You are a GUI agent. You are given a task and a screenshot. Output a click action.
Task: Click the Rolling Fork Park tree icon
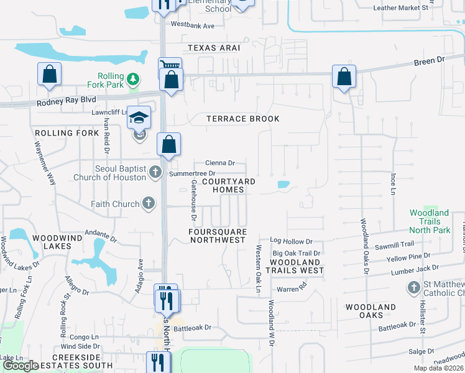132,79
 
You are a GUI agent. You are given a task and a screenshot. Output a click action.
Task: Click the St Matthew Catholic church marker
414,288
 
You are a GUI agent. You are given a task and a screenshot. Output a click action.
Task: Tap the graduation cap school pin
139,117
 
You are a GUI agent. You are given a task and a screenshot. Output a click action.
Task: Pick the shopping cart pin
169,65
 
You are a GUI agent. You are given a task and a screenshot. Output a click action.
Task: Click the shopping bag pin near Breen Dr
344,77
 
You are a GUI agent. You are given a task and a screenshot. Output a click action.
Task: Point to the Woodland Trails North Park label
430,221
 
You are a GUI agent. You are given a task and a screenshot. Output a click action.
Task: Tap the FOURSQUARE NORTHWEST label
217,236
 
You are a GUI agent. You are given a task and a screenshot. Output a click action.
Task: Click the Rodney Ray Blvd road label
67,99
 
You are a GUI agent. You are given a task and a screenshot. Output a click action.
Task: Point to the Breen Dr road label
430,61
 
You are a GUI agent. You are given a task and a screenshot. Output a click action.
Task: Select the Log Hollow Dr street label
291,241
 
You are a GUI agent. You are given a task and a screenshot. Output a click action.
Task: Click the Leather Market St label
400,7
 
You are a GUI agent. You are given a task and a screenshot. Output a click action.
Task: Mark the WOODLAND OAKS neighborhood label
371,311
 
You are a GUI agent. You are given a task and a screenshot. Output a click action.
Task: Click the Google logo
21,366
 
